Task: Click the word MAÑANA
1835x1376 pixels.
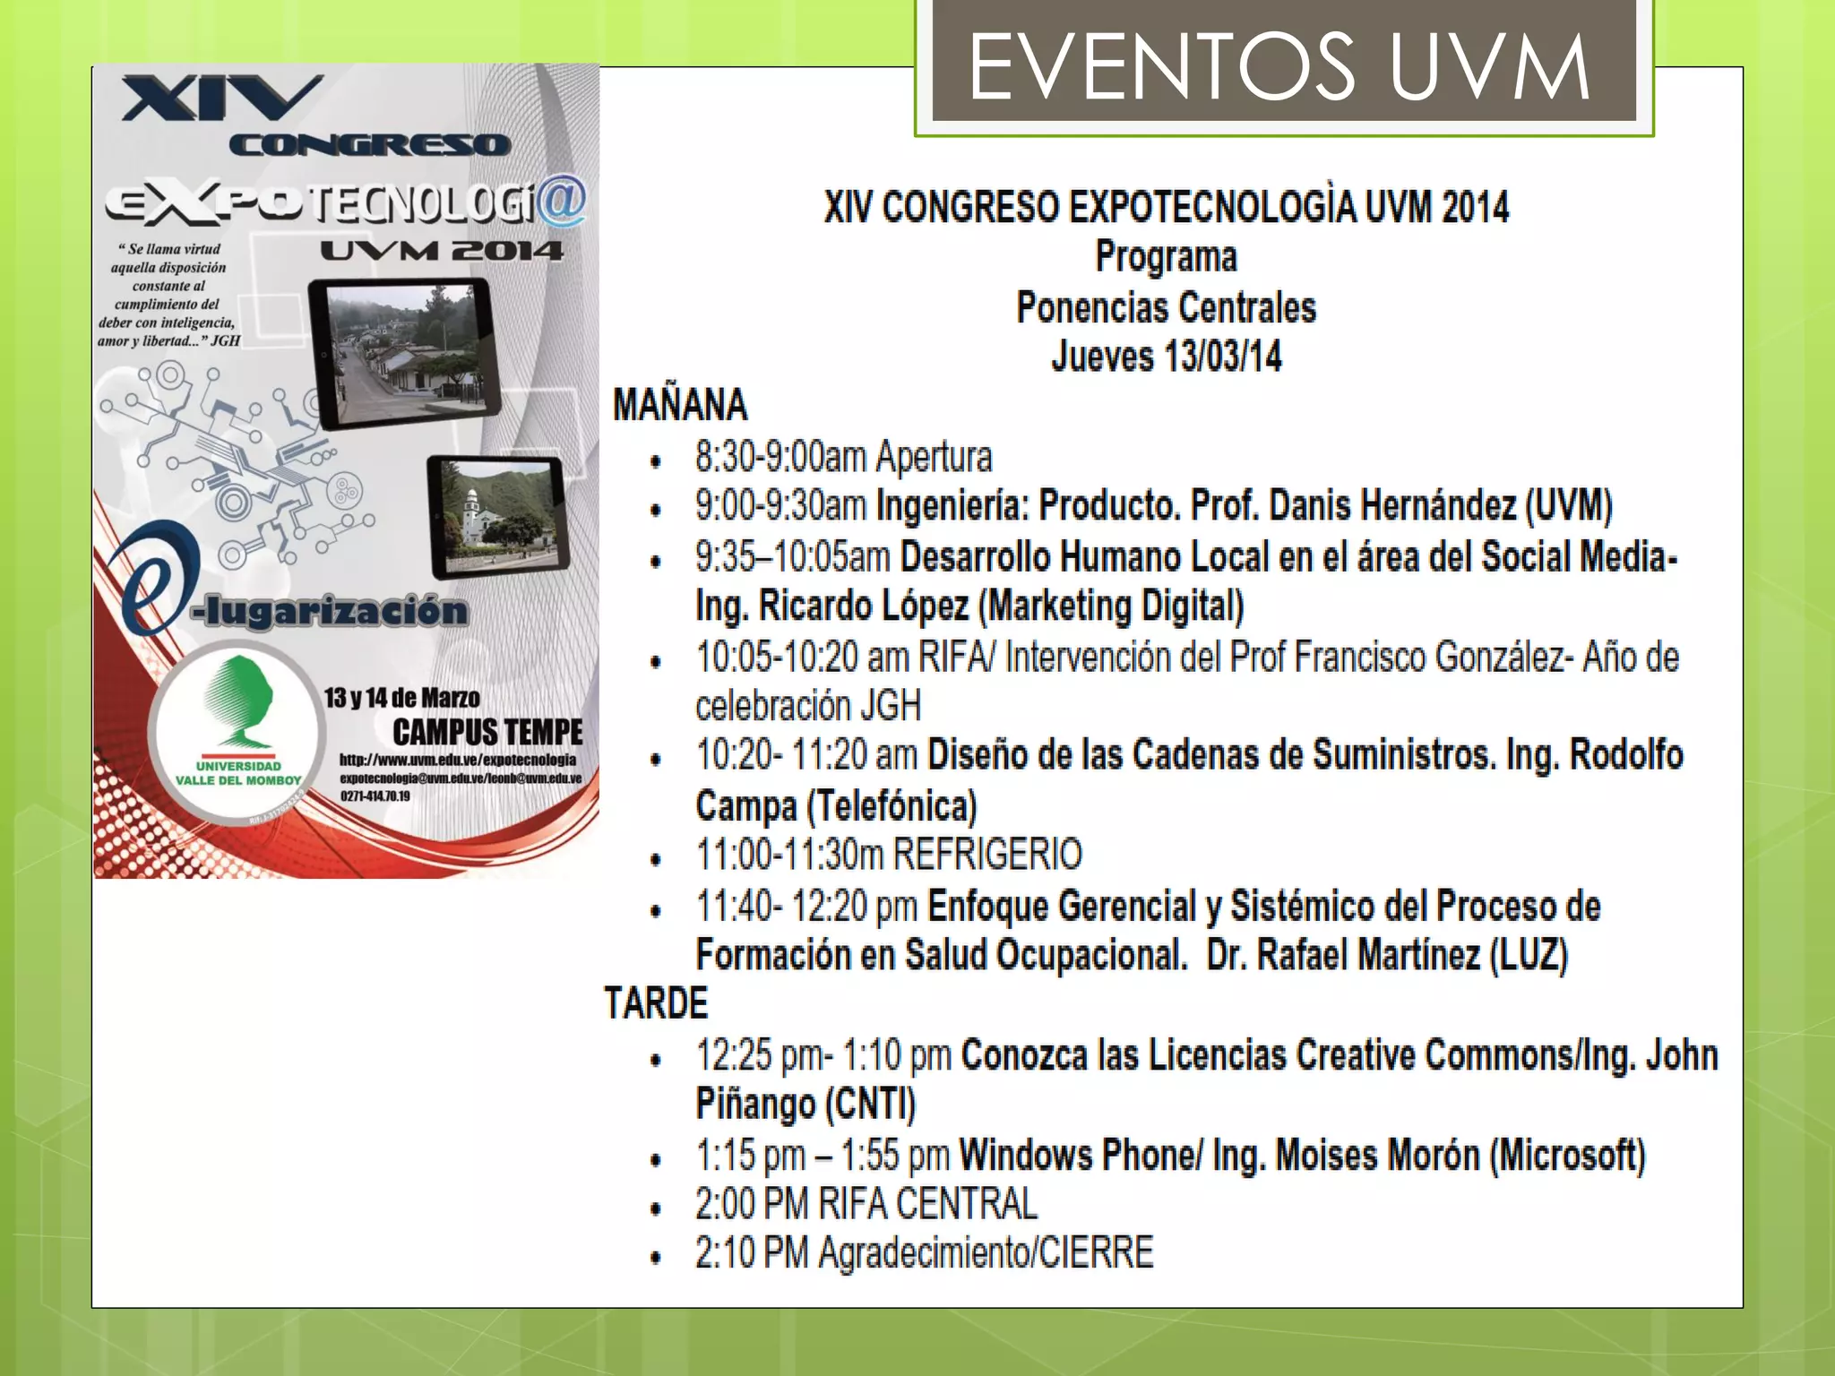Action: (680, 405)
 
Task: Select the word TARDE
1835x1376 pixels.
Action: (656, 1003)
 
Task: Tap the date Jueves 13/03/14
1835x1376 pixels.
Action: (1166, 357)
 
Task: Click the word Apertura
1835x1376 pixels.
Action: (934, 457)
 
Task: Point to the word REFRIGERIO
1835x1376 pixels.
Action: (987, 855)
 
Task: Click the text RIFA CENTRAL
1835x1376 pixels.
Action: (927, 1203)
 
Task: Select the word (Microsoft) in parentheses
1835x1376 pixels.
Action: (1567, 1155)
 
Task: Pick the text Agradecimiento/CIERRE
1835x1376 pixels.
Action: (986, 1252)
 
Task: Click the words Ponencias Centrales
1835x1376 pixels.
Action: (1166, 307)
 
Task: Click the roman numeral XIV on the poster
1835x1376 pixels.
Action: (221, 99)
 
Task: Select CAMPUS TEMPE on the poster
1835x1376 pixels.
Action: (487, 732)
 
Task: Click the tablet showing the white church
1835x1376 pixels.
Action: (498, 516)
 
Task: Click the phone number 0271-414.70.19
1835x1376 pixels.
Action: (375, 795)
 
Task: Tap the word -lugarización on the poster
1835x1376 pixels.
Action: (329, 611)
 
